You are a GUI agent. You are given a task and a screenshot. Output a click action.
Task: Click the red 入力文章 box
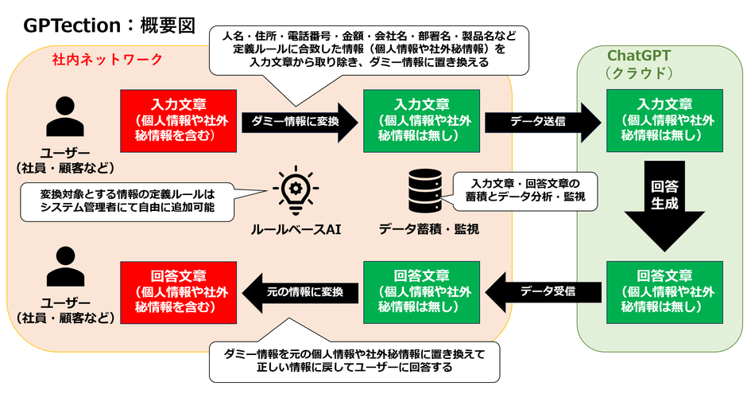[180, 119]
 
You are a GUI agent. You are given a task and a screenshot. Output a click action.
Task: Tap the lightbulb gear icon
[291, 192]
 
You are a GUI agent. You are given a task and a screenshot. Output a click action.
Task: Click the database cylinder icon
[422, 192]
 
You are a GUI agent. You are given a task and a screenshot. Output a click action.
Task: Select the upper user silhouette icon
[66, 118]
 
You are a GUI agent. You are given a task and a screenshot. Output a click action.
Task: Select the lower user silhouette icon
[66, 267]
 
